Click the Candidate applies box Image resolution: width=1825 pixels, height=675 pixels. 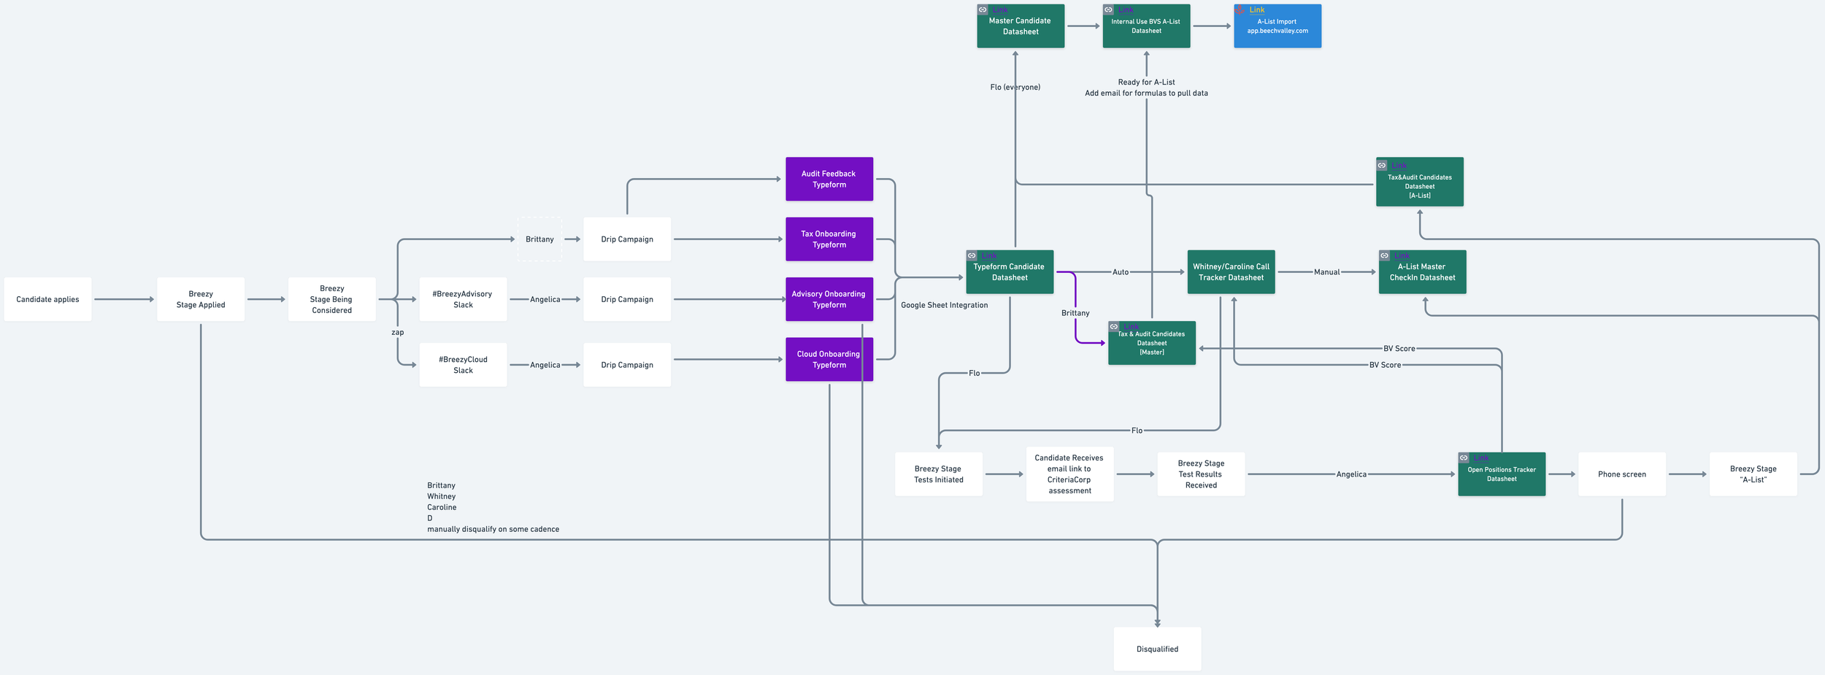(x=47, y=299)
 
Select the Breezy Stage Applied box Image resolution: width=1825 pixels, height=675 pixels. (x=201, y=299)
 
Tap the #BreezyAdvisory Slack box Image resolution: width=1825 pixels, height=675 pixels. (x=463, y=299)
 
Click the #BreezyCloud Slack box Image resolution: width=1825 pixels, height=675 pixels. (x=463, y=365)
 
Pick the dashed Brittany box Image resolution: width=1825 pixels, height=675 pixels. (x=539, y=239)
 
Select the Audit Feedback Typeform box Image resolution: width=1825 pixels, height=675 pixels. (x=829, y=179)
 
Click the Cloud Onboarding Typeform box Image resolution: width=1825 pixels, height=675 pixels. (x=829, y=359)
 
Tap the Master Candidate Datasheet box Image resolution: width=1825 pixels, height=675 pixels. (x=1021, y=26)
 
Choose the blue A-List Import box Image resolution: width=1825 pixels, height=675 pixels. (x=1277, y=26)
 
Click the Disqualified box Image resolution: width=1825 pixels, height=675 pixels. (x=1157, y=649)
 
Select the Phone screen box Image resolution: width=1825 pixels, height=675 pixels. (x=1621, y=474)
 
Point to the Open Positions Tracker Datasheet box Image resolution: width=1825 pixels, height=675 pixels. (x=1502, y=474)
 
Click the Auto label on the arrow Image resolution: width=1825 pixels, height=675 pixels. (x=1120, y=272)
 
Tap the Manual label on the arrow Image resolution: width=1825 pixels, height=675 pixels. (x=1326, y=272)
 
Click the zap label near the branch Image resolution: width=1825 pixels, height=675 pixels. (x=397, y=332)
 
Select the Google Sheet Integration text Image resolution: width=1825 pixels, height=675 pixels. (x=944, y=305)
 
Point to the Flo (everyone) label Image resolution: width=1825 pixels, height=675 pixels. (x=1015, y=87)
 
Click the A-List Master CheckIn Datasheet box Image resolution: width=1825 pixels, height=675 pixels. (x=1422, y=272)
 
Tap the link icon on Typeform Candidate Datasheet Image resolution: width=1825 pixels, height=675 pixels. (x=972, y=255)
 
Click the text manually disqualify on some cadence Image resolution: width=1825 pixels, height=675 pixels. (x=493, y=529)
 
